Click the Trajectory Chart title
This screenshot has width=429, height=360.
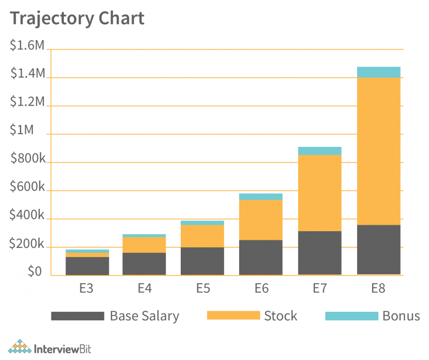pos(77,18)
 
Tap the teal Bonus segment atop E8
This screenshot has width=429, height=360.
pos(379,72)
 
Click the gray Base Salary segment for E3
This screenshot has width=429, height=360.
pos(87,266)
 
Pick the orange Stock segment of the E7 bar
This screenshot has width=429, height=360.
pos(320,193)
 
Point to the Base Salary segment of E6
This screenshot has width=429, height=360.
pos(261,258)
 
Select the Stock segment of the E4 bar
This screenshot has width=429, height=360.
pos(144,245)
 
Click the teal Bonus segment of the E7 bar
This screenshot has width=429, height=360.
pos(320,151)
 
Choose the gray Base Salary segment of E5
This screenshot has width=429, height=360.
pos(202,261)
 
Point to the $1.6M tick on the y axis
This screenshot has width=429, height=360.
pos(27,46)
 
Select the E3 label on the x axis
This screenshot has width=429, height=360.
pos(86,288)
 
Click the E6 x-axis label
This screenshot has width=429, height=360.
pos(261,288)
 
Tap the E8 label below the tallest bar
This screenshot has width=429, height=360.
pos(378,288)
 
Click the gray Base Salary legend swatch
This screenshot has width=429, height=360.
pos(77,316)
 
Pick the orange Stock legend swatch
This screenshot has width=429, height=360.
pos(233,316)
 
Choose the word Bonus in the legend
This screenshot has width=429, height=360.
pos(401,315)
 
